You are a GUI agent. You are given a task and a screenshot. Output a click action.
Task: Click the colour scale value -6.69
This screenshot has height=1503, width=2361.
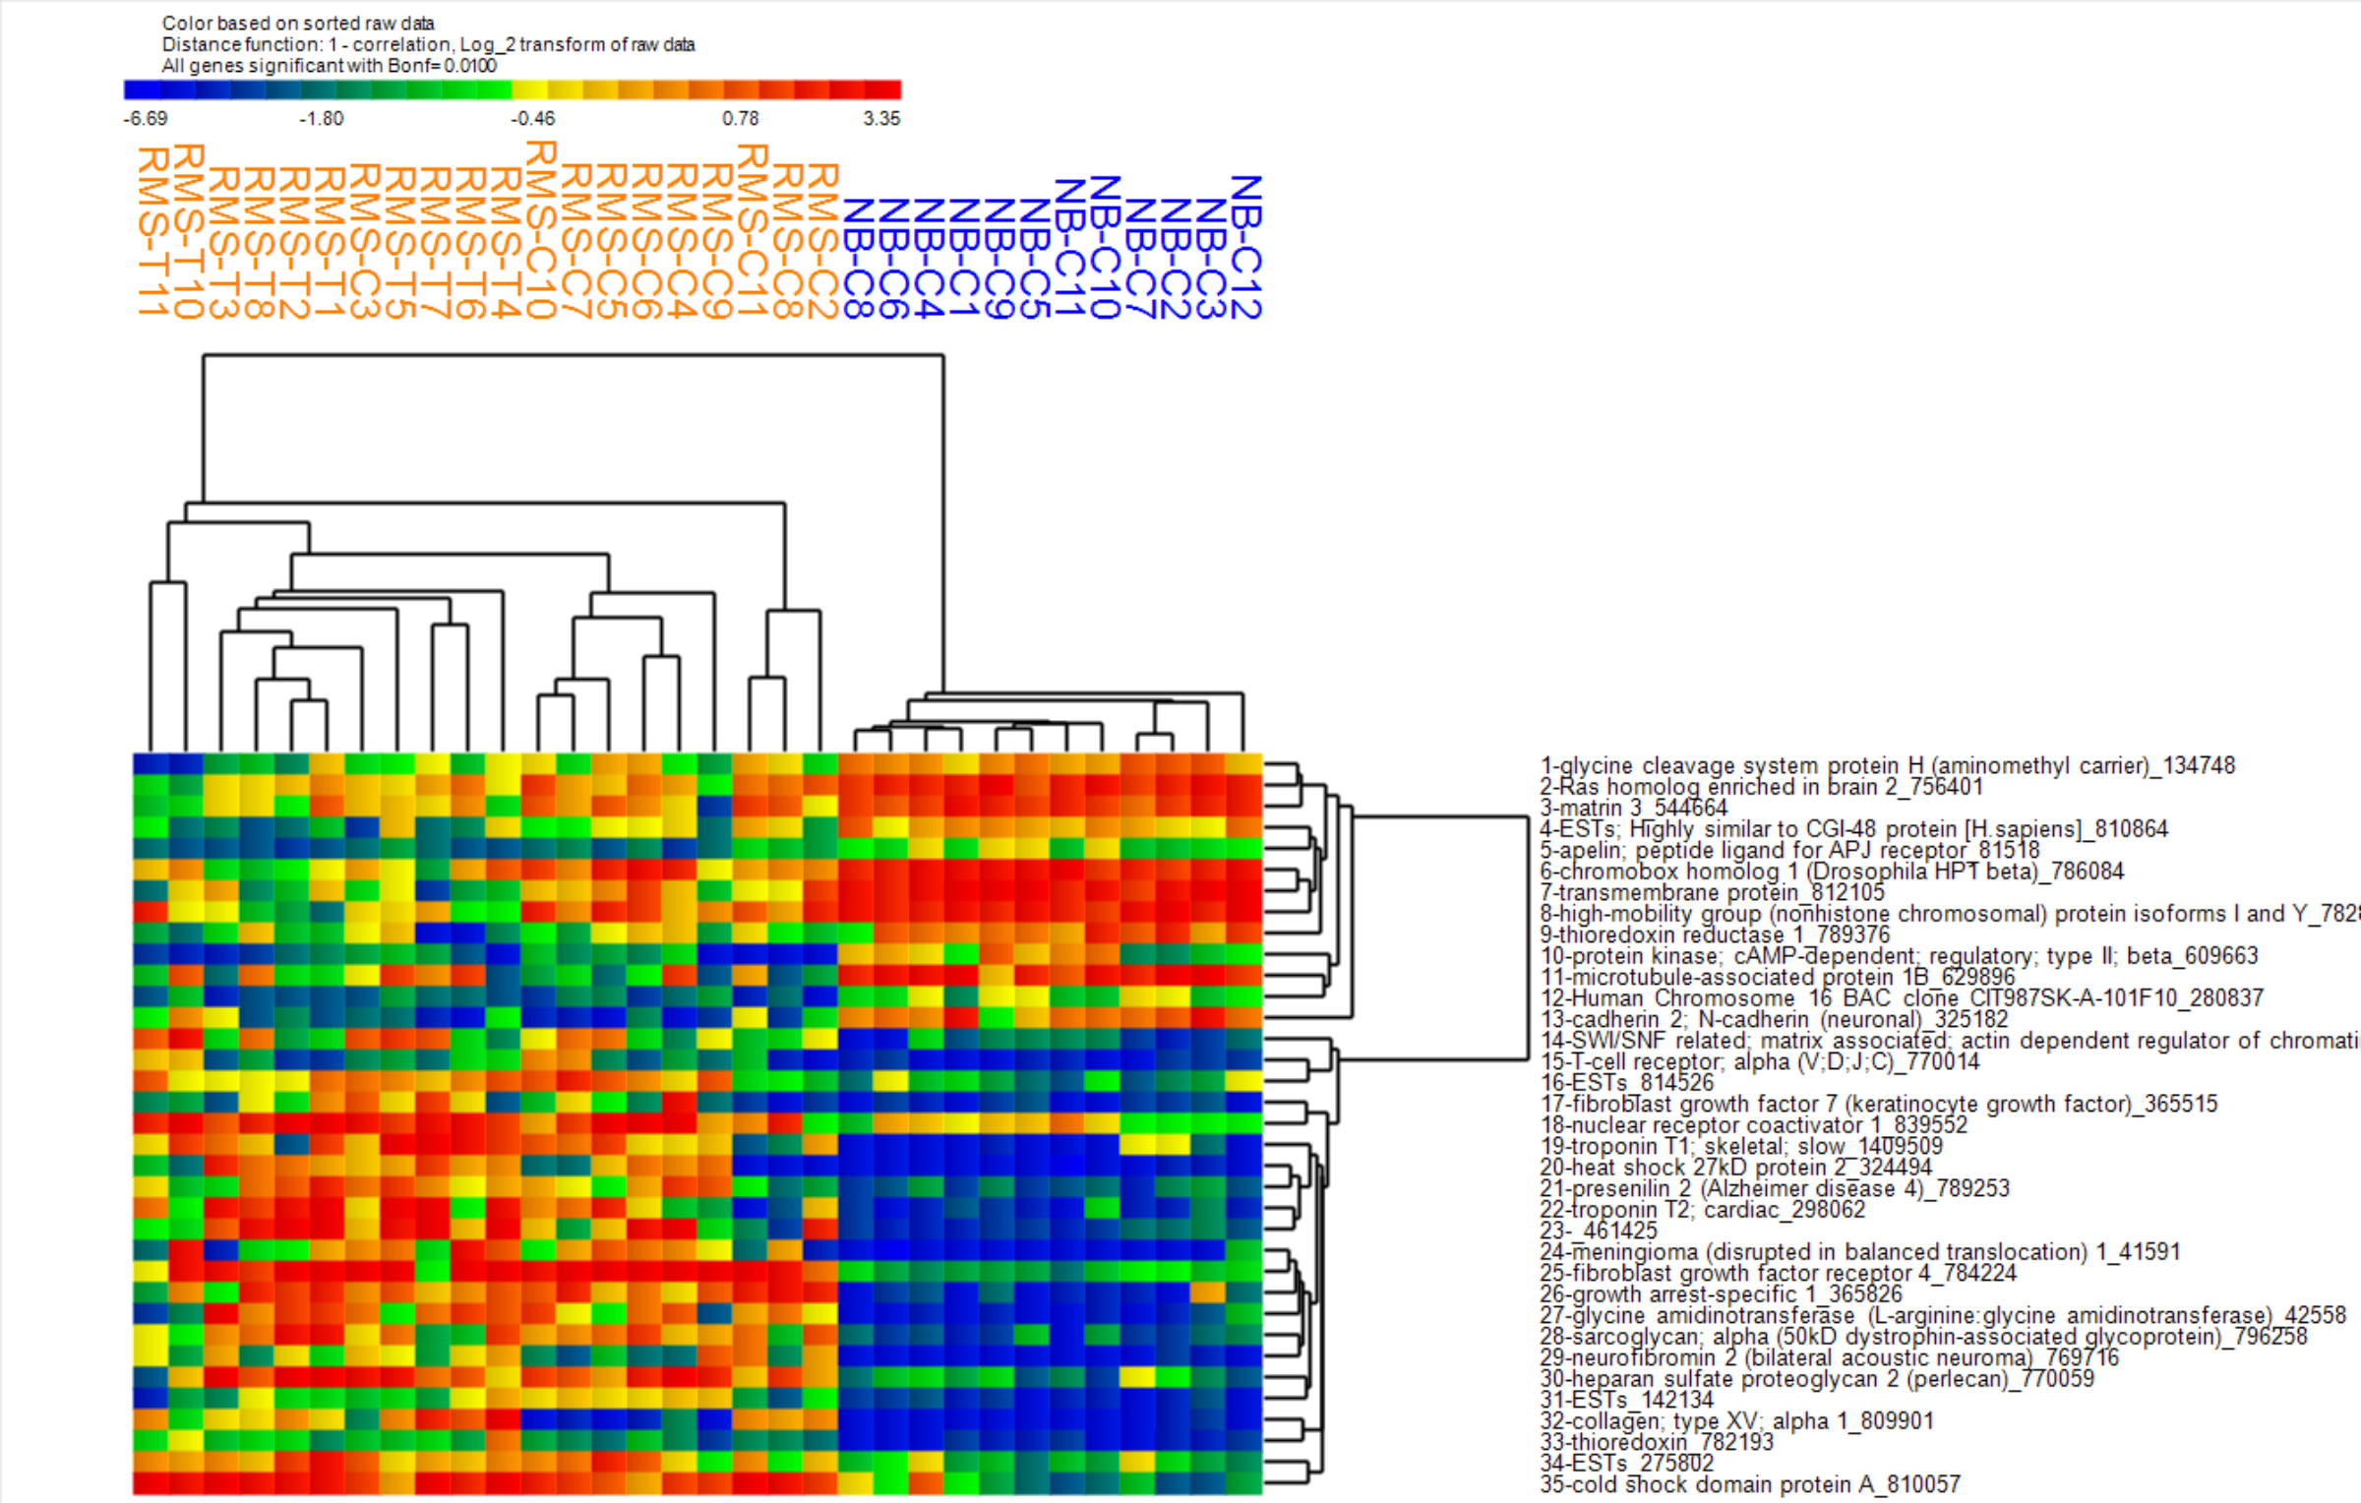[x=145, y=119]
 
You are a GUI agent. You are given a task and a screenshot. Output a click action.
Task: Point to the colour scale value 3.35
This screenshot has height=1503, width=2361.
[x=881, y=119]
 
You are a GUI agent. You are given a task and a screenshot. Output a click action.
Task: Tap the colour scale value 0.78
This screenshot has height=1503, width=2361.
[x=740, y=119]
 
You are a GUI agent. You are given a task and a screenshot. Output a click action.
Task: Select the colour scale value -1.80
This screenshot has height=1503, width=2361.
[x=321, y=119]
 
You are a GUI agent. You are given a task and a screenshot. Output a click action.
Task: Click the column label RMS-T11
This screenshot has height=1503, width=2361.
[x=152, y=231]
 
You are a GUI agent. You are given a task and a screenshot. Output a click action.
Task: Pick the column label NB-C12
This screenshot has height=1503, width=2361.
[x=1245, y=247]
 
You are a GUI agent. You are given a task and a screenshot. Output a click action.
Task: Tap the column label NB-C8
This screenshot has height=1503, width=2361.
[x=858, y=259]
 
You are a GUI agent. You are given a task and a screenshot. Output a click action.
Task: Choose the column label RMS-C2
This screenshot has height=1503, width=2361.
[x=822, y=242]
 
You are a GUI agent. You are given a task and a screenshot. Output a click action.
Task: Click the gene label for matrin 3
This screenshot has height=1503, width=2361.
[x=1633, y=808]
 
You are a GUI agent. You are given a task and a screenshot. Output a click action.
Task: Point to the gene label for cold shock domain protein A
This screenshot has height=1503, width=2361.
[x=1750, y=1484]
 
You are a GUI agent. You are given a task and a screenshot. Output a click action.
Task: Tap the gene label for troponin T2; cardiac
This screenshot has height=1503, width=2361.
[x=1702, y=1209]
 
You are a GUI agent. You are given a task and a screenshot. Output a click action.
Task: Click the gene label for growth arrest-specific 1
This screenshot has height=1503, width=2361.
[x=1721, y=1293]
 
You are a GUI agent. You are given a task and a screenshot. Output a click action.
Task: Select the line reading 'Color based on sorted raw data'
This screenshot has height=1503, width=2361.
[x=298, y=23]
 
